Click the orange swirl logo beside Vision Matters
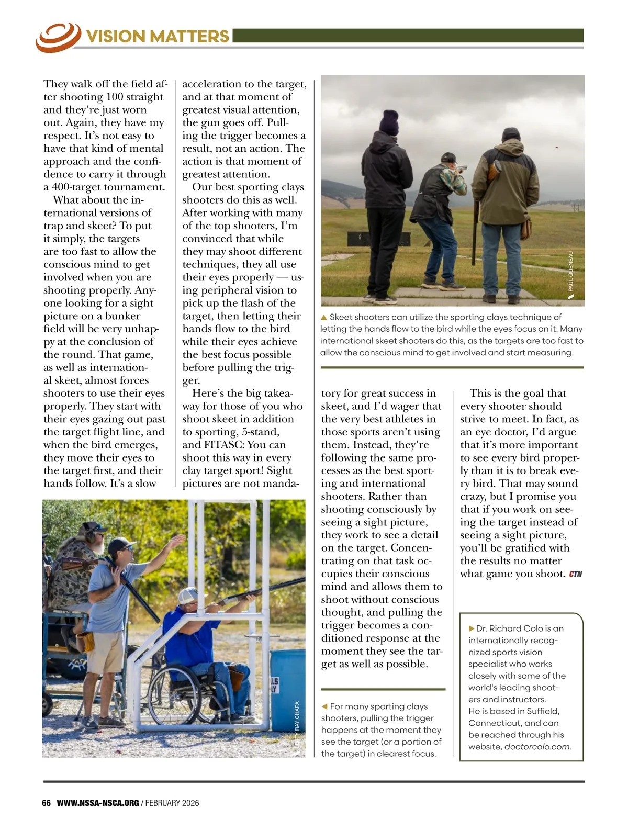click(58, 37)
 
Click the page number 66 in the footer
click(46, 803)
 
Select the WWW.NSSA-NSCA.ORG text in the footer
click(97, 803)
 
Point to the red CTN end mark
click(575, 574)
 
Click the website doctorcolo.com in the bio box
click(537, 747)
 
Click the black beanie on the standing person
click(389, 122)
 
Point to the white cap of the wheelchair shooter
click(188, 596)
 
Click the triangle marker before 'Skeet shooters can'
click(323, 317)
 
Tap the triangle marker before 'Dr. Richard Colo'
click(472, 628)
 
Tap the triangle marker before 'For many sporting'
click(324, 706)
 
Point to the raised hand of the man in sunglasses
click(178, 539)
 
